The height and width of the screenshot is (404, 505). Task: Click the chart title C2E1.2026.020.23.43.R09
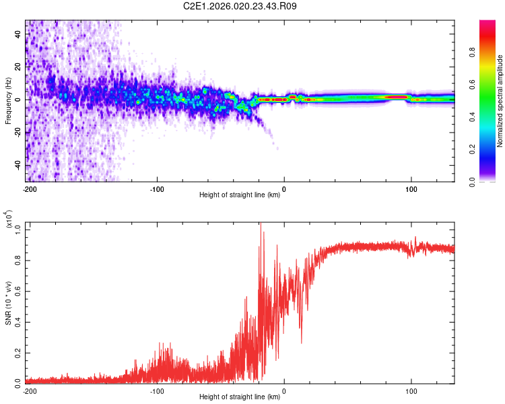(240, 7)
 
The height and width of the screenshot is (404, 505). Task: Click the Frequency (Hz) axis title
(8, 100)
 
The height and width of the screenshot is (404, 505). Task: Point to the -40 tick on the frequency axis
(16, 165)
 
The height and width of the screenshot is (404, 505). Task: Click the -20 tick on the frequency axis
(16, 132)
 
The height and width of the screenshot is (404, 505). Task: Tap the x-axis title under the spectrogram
(240, 196)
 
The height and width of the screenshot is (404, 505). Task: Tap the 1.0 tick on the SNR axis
(18, 230)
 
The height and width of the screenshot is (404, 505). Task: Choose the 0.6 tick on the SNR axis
(18, 291)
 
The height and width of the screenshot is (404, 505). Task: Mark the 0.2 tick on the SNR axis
(18, 351)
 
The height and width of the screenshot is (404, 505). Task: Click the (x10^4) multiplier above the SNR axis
(9, 220)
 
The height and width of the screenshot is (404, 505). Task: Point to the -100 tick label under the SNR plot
(157, 391)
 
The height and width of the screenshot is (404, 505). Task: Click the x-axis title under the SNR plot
(240, 397)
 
